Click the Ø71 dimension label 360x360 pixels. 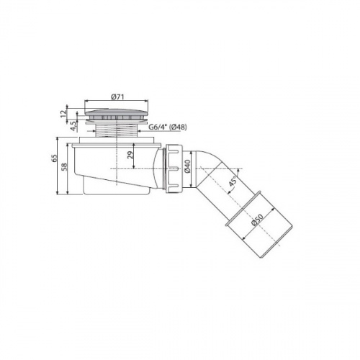(117, 96)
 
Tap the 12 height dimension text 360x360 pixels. (63, 114)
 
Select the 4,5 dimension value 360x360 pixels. (73, 126)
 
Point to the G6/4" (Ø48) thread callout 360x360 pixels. (167, 127)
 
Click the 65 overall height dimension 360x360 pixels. (54, 158)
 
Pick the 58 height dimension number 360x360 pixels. (64, 167)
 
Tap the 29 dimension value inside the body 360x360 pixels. (130, 156)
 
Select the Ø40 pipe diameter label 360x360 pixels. (187, 166)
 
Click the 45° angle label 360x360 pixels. (233, 181)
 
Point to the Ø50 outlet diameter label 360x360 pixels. (257, 220)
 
